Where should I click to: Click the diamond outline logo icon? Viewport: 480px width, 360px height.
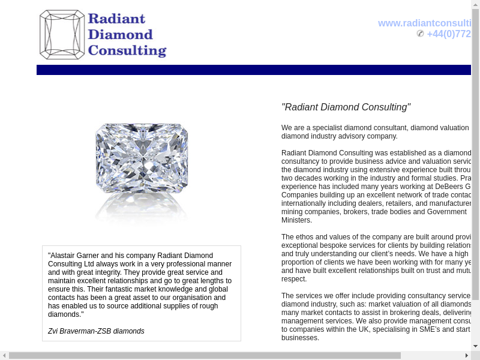point(62,34)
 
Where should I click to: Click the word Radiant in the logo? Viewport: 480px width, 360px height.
point(116,18)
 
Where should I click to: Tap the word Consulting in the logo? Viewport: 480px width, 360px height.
point(127,50)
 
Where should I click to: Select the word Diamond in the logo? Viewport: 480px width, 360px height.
point(120,34)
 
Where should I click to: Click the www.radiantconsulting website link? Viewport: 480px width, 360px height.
point(424,23)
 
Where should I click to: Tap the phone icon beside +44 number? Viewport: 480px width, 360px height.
point(420,34)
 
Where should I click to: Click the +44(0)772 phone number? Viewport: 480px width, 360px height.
point(449,34)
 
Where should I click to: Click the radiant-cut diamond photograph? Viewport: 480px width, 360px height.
point(142,163)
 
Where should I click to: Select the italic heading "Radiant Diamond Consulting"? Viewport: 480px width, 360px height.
point(346,107)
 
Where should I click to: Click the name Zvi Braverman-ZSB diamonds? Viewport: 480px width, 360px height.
point(96,331)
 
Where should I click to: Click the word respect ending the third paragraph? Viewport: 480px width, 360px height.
point(293,279)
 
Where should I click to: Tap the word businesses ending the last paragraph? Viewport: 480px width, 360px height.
point(300,338)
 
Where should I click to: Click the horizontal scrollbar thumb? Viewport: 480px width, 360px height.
point(204,355)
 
